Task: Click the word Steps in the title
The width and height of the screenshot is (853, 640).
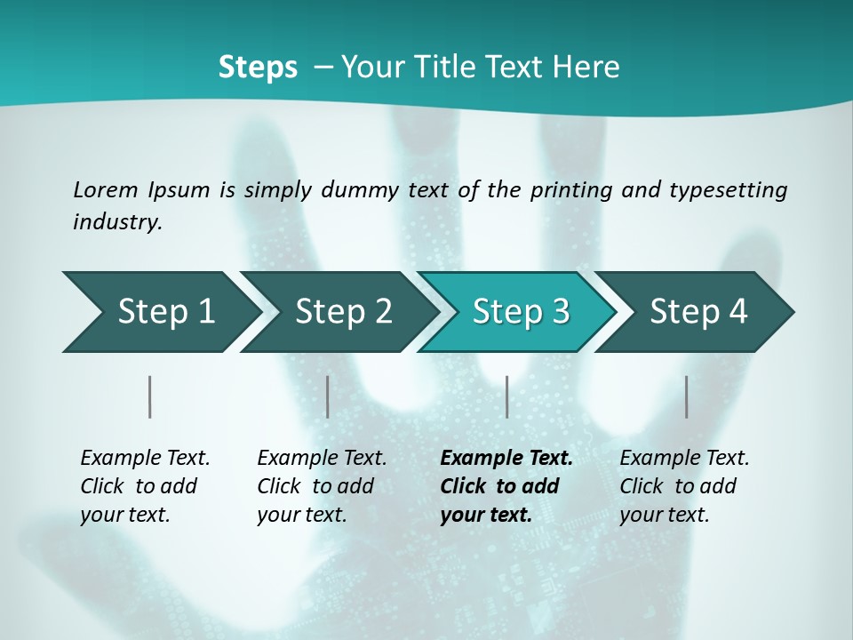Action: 258,67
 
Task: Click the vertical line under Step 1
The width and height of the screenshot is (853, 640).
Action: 150,396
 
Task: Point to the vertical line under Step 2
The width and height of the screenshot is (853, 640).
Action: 328,396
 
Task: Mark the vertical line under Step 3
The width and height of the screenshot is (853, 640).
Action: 506,396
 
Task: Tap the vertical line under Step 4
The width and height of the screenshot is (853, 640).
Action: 686,396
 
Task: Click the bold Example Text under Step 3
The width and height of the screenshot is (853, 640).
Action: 506,486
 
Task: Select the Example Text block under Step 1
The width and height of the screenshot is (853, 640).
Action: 145,486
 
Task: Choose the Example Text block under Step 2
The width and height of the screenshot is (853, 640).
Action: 322,486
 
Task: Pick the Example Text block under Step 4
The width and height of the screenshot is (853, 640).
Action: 684,486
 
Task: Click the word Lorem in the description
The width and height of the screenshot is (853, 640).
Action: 106,189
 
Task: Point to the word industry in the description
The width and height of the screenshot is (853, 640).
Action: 117,221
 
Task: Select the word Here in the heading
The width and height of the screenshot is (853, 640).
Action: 590,67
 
